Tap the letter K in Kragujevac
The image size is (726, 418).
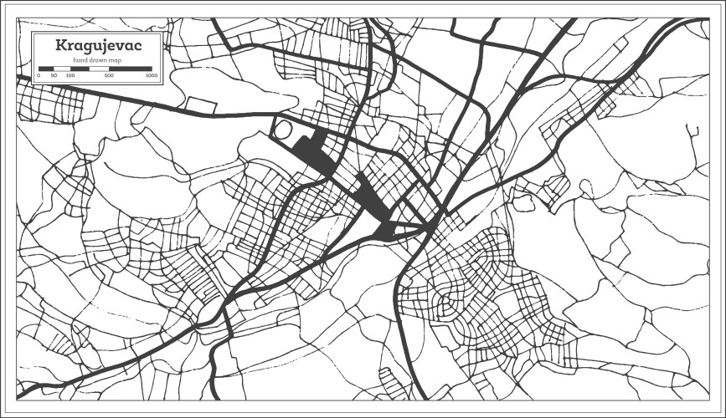point(60,46)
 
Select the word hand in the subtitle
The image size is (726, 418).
point(80,60)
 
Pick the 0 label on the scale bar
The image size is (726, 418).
point(39,75)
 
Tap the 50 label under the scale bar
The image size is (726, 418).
point(54,75)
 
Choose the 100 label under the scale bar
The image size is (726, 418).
point(70,75)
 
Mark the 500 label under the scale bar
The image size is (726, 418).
point(109,75)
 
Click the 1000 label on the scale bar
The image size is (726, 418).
point(152,75)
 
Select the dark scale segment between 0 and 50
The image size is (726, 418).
point(46,68)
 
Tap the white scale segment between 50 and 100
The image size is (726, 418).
point(62,68)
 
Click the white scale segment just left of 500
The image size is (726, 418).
point(100,68)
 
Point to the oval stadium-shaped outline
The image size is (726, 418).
point(284,130)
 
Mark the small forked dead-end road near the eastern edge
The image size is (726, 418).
point(693,131)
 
